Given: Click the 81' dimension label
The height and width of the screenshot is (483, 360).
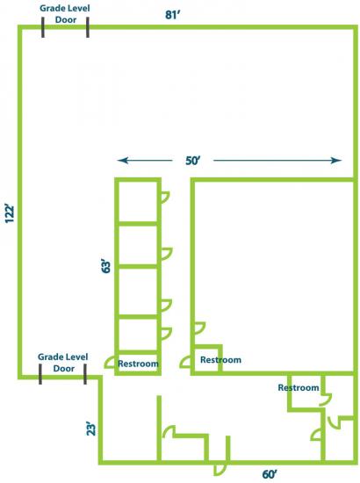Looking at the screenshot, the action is [x=172, y=15].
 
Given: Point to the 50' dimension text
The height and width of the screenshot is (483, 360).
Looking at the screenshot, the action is [x=193, y=161].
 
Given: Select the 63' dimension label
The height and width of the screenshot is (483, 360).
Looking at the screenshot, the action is [x=105, y=266].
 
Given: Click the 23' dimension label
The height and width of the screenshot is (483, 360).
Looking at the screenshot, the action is [x=91, y=429].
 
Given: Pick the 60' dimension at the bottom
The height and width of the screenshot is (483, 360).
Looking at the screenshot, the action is [x=270, y=474].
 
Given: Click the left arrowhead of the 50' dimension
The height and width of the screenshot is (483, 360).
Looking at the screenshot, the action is [x=123, y=160].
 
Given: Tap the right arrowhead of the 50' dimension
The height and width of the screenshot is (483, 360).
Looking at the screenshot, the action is [x=336, y=160].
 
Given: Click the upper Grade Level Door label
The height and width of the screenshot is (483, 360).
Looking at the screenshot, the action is [x=65, y=14].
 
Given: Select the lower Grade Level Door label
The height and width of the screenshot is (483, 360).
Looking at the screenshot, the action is [x=63, y=363].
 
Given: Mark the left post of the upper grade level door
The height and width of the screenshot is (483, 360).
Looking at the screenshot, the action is [x=43, y=27].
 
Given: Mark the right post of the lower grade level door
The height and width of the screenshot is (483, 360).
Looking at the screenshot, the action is [x=85, y=374].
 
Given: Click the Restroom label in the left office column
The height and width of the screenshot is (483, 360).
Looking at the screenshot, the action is [x=138, y=364].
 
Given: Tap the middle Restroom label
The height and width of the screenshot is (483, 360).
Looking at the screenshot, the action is [x=220, y=360].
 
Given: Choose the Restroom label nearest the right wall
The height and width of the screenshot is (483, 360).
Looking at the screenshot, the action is [x=299, y=387].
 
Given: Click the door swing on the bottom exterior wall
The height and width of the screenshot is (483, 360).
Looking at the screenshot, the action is [x=220, y=470].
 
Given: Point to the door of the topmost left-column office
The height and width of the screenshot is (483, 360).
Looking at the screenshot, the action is [x=165, y=197].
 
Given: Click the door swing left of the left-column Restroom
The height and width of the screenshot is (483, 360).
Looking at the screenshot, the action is [x=110, y=362].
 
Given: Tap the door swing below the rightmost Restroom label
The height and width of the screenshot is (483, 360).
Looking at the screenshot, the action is [x=326, y=400].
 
